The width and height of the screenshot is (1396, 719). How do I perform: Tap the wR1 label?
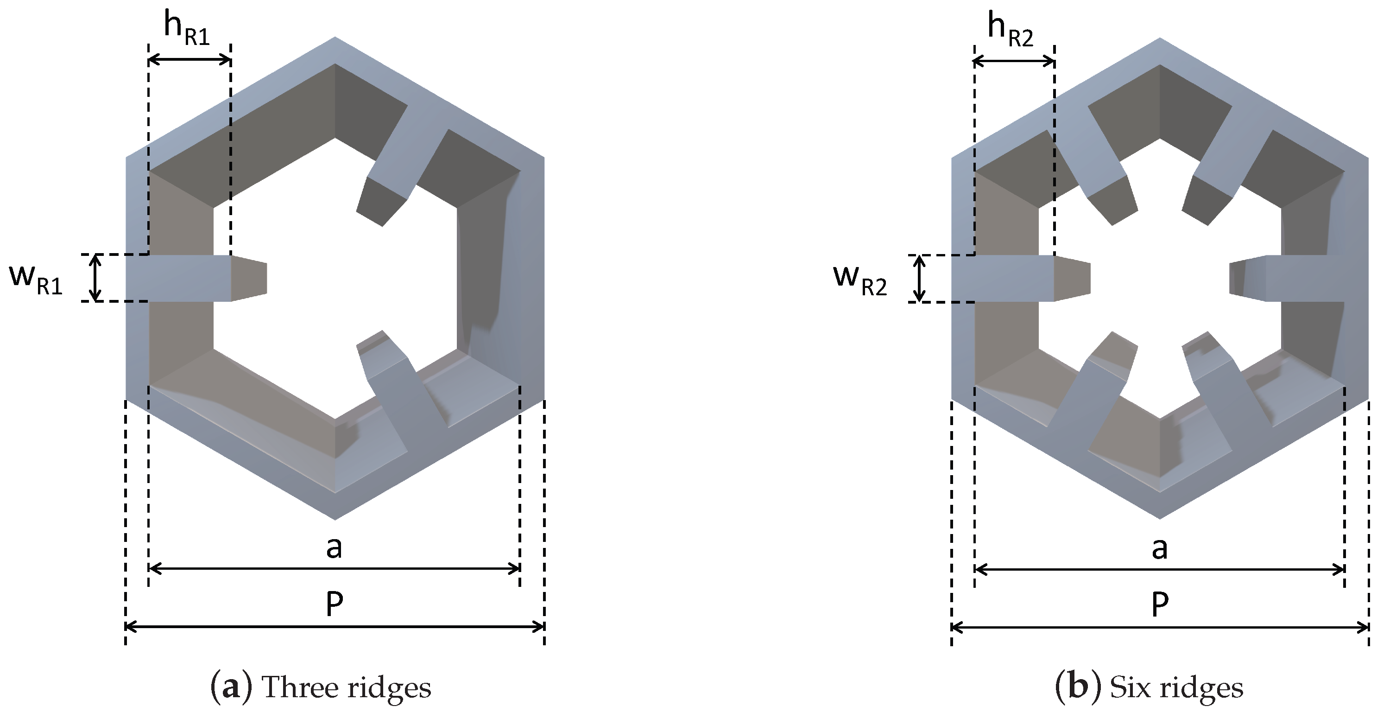point(36,280)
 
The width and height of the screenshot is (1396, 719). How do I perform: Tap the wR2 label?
point(860,281)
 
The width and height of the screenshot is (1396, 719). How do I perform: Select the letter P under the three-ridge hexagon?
point(335,604)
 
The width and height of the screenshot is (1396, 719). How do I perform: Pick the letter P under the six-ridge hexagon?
point(1159,604)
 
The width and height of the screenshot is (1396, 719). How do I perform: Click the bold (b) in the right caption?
point(1079,687)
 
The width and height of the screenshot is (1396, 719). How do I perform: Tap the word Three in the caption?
point(300,687)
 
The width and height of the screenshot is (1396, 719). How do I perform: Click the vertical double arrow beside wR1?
point(95,278)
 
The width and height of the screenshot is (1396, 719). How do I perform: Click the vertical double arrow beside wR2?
point(919,278)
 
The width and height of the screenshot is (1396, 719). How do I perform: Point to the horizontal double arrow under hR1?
point(189,60)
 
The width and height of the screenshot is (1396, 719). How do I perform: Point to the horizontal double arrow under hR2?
point(1014,61)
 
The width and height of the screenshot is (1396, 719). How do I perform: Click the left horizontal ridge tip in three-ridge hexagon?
point(249,278)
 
